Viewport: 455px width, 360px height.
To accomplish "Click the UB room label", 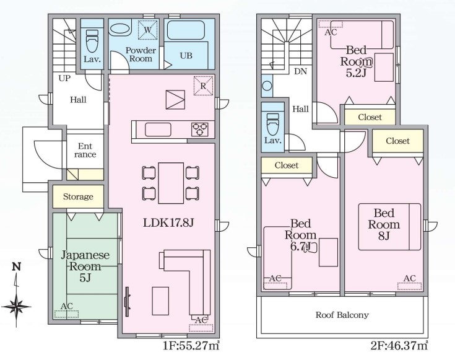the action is tap(186, 56).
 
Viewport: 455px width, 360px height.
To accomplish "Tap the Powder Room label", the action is tap(141, 55).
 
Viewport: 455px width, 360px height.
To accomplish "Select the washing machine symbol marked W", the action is tap(147, 30).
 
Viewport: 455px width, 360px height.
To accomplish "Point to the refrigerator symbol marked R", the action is tap(203, 86).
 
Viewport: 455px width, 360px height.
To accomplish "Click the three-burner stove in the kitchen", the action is tap(199, 130).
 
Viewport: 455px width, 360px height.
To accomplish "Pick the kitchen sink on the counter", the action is tap(158, 130).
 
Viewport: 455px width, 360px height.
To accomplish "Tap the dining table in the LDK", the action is tap(171, 183).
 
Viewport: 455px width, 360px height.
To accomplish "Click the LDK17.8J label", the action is tap(168, 223).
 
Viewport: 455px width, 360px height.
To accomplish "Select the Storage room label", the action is tap(78, 196).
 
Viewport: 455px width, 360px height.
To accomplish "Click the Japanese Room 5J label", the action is tap(85, 266).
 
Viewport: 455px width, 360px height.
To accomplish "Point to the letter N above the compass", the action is tap(17, 266).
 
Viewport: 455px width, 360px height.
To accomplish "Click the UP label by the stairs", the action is tap(64, 78).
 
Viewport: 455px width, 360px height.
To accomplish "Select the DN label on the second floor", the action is tap(300, 71).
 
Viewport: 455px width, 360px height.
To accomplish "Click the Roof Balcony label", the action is tap(342, 315).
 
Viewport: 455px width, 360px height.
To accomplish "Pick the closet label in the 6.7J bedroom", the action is tap(287, 165).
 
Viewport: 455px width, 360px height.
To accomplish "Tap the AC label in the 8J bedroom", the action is tap(409, 278).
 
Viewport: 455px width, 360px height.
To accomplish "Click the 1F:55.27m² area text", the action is tap(191, 346).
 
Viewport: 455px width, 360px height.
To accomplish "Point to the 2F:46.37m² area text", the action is tap(399, 346).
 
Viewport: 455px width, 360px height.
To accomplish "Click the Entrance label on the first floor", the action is tap(85, 150).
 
